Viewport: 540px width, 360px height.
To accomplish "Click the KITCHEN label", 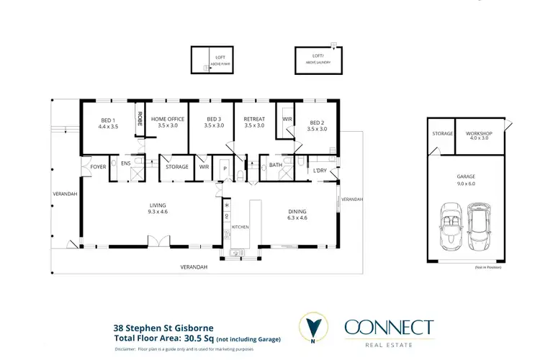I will tap(240, 227).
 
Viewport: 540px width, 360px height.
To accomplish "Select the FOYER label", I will tap(98, 167).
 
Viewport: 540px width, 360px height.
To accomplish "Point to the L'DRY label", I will tap(320, 171).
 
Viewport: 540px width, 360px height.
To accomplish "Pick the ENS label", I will tap(125, 164).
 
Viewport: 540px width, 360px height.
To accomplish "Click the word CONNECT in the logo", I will tap(389, 328).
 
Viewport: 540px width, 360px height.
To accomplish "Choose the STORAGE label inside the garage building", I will tap(443, 134).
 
